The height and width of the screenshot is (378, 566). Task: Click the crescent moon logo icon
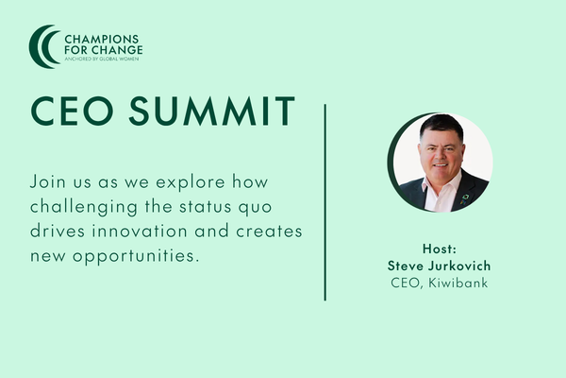[39, 46]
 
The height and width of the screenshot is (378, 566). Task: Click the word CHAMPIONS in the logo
[96, 39]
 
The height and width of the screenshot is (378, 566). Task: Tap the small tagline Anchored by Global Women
[102, 59]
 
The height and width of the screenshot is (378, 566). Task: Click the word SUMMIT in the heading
[212, 112]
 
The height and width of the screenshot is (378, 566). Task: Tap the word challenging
[84, 207]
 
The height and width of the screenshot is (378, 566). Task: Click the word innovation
[140, 232]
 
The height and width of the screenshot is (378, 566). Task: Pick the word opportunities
[136, 256]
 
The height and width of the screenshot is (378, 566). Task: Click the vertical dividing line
[325, 202]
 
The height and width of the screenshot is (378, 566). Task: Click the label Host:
[440, 249]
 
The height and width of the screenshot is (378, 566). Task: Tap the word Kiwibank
[458, 283]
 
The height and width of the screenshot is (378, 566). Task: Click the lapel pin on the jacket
[464, 199]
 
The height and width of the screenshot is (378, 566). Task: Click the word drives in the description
[58, 232]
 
